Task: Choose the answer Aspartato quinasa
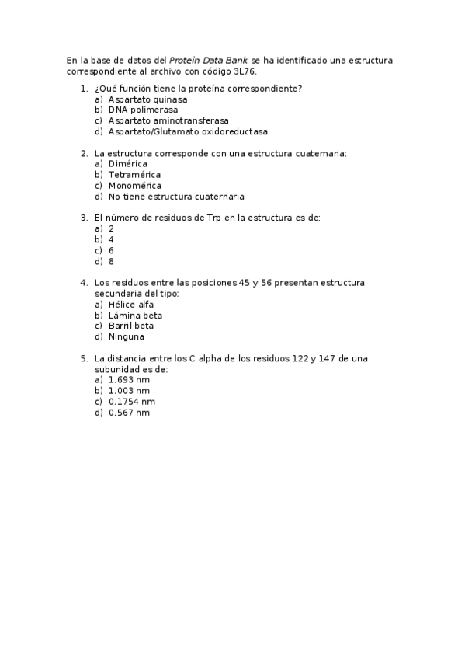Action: pos(147,99)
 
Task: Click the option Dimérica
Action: pos(128,164)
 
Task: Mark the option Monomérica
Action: pos(135,186)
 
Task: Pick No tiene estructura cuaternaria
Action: pos(176,197)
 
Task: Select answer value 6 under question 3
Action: pos(112,250)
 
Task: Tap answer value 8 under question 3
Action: pos(112,261)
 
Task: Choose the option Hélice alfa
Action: pos(131,305)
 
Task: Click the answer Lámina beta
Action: pos(135,316)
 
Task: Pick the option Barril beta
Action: pos(131,326)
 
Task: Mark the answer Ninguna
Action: pos(127,336)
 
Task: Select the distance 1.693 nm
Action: pos(129,380)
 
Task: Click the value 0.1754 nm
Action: pos(132,402)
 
